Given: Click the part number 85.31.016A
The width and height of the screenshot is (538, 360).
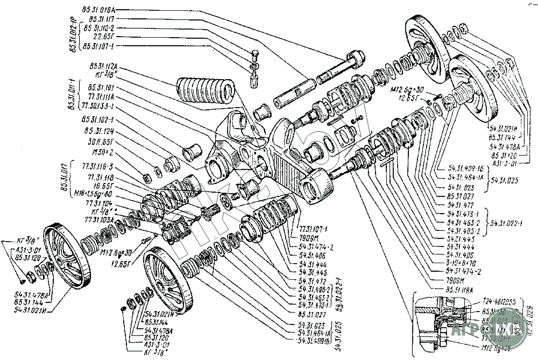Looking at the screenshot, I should click(101, 9).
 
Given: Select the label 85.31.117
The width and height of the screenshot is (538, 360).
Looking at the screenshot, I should click(100, 19).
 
